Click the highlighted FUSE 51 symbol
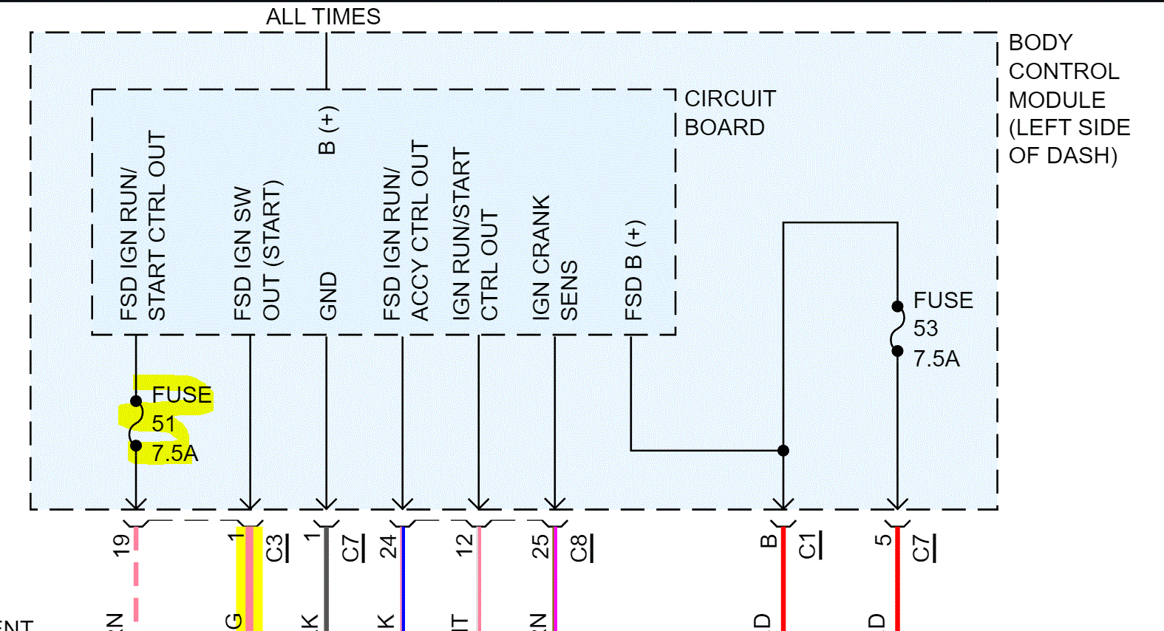coord(136,423)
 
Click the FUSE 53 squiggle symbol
coord(897,328)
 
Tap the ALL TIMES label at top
coord(323,16)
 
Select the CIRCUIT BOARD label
coord(729,113)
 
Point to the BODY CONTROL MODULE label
coord(1067,99)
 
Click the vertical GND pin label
coord(328,296)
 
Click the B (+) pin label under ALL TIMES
coord(327,130)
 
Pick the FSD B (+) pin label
coord(634,270)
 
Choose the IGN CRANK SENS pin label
coord(554,257)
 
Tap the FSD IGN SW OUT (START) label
coord(256,251)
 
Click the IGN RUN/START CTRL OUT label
coord(474,233)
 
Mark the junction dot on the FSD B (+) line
coord(783,451)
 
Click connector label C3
coord(275,548)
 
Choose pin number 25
coord(541,546)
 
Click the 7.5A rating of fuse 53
coord(936,359)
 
